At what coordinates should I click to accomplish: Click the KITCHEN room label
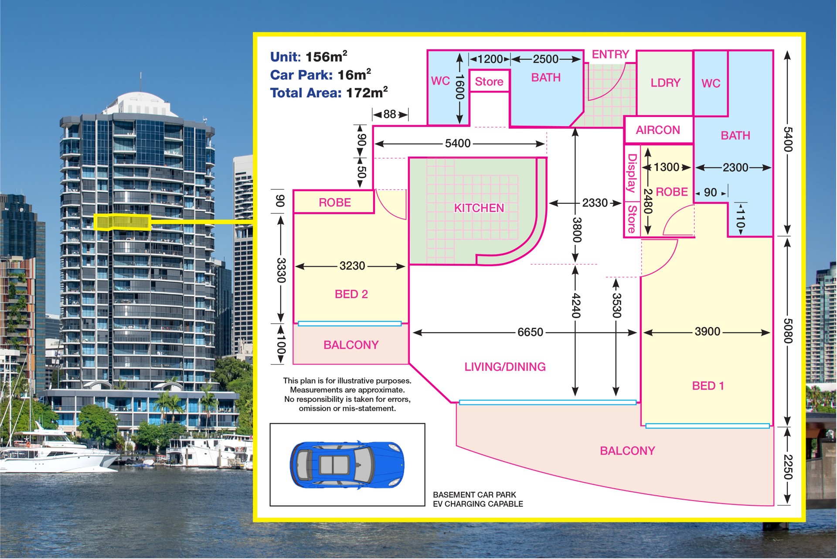tap(479, 208)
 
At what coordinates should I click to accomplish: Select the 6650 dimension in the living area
tap(530, 333)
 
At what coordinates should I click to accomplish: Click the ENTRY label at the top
tap(610, 55)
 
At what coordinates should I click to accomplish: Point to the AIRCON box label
tap(658, 130)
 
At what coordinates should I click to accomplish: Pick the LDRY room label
tap(665, 83)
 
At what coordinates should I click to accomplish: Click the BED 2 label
tap(351, 294)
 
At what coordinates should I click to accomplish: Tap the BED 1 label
tap(708, 386)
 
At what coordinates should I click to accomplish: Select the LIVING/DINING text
tap(505, 367)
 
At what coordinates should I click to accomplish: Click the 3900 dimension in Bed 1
tap(708, 332)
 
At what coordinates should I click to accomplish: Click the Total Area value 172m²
tap(367, 93)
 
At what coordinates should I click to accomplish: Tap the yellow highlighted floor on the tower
tap(122, 222)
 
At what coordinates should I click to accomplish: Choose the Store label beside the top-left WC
tap(489, 82)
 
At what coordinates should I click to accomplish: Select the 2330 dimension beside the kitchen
tap(595, 203)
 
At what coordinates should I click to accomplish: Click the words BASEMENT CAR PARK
tap(474, 495)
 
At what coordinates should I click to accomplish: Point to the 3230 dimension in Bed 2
tap(352, 266)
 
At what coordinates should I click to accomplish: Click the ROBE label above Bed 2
tap(335, 202)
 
